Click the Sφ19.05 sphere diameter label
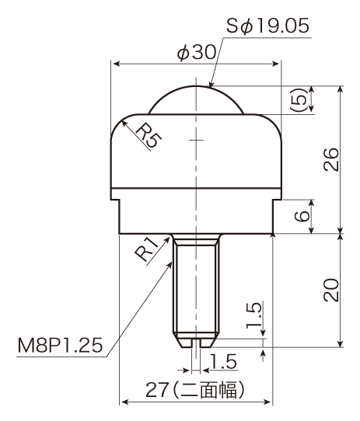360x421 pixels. (x=267, y=26)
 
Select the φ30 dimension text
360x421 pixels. (x=197, y=52)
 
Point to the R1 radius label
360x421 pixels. (x=147, y=249)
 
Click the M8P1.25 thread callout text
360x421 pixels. (x=60, y=346)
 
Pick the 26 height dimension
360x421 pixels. (x=331, y=159)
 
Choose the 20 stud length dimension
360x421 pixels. (x=331, y=291)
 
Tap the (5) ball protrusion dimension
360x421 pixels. (x=298, y=99)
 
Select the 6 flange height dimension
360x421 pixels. (x=302, y=215)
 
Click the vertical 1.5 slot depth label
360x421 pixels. (x=253, y=315)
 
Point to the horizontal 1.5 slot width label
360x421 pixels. (x=223, y=361)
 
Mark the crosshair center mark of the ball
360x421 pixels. (x=196, y=140)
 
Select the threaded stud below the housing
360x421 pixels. (x=196, y=290)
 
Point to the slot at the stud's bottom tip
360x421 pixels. (x=196, y=343)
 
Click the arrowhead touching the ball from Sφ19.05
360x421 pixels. (x=211, y=84)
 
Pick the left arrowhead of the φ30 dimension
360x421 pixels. (x=117, y=64)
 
